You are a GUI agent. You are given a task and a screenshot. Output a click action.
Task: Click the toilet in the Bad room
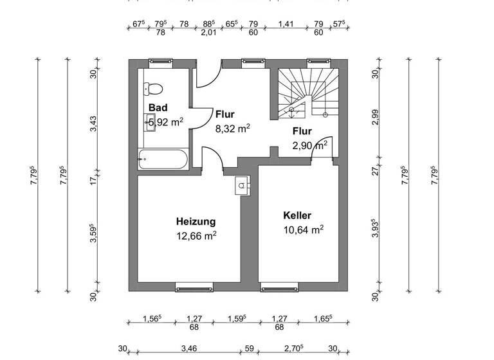point(154,89)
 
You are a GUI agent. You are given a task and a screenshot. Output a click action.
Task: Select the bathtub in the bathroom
point(163,157)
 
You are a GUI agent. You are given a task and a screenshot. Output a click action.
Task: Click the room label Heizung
point(196,221)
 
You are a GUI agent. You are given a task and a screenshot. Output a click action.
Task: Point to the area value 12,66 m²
point(196,235)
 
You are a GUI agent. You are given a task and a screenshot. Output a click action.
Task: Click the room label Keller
point(297,215)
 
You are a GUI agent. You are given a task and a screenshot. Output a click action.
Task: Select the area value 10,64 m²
point(303,230)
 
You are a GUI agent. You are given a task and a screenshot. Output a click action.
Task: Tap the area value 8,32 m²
point(232,128)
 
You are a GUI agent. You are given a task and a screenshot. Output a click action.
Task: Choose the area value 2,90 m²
point(309,145)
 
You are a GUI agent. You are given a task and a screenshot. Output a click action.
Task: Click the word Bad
point(158,107)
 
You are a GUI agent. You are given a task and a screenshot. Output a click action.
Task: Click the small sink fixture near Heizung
point(242,184)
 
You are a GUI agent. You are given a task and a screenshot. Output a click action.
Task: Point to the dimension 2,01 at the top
point(208,32)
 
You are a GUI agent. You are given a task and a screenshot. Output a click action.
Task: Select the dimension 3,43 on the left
point(93,123)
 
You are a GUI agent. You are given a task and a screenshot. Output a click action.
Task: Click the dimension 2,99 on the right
point(376,116)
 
